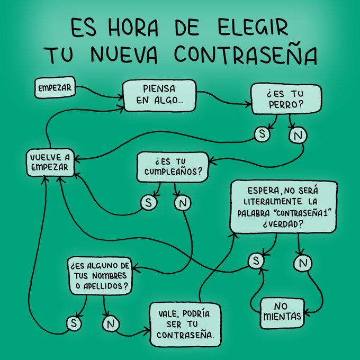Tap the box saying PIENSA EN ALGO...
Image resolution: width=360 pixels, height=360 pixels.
pyautogui.click(x=159, y=95)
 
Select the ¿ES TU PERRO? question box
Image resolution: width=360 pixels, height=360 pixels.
pyautogui.click(x=285, y=98)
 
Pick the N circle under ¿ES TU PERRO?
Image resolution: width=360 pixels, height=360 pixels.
pyautogui.click(x=297, y=136)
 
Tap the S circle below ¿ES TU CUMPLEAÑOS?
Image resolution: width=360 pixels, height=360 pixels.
pyautogui.click(x=148, y=202)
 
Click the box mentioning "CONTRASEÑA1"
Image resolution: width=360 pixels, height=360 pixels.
pyautogui.click(x=283, y=207)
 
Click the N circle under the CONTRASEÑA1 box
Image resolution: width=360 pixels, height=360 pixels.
pyautogui.click(x=302, y=262)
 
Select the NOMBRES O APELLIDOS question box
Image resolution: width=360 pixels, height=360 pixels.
pyautogui.click(x=100, y=274)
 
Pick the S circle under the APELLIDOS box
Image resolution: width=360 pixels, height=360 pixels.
pyautogui.click(x=73, y=322)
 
